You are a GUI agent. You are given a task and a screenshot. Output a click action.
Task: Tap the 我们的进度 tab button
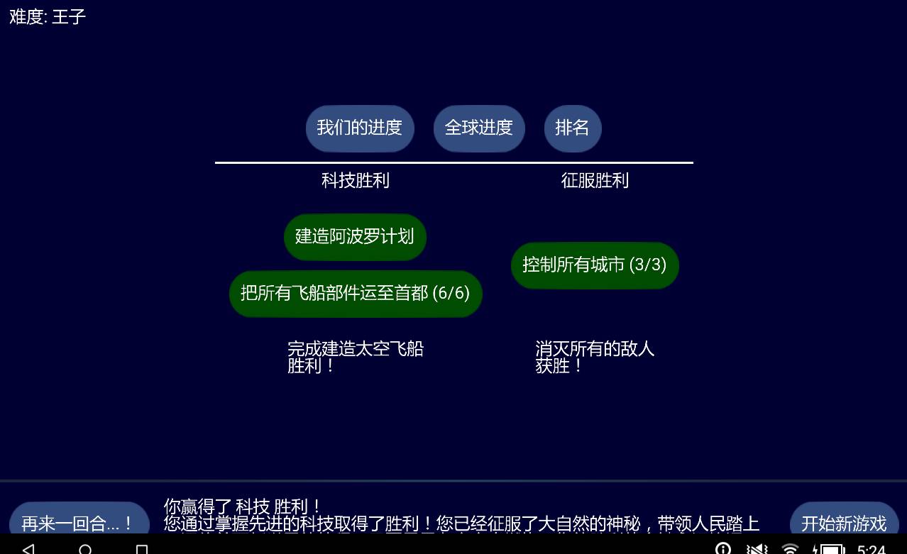[359, 128]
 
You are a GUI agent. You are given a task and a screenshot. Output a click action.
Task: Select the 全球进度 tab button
[478, 128]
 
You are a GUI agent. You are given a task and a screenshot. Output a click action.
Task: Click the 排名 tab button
[572, 128]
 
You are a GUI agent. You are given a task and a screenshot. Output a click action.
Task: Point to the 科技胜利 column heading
[355, 181]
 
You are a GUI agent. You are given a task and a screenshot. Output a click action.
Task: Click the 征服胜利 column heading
[595, 181]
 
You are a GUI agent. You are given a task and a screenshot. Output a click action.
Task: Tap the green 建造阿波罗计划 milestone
[354, 237]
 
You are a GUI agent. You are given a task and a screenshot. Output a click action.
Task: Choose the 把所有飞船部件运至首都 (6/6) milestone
[355, 294]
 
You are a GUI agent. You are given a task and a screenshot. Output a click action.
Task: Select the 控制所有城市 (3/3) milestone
[594, 265]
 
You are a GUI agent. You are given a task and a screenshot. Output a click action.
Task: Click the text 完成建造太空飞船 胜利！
[355, 357]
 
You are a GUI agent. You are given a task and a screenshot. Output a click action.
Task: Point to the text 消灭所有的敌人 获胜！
[594, 357]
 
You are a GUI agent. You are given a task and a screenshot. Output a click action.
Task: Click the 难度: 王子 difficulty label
[48, 17]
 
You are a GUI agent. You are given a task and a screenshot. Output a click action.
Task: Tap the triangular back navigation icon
[28, 548]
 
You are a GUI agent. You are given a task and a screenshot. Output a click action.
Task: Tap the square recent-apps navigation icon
[142, 549]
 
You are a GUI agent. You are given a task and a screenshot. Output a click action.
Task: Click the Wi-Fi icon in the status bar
[789, 548]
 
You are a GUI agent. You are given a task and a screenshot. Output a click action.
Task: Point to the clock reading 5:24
[871, 549]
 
